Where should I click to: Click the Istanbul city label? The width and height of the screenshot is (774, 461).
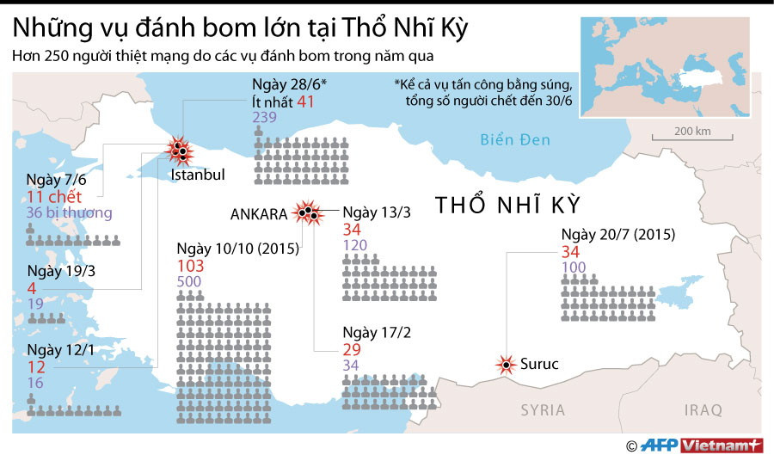click(198, 175)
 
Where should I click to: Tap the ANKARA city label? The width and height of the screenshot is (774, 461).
click(260, 213)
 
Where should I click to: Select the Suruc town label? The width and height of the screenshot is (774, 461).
click(539, 365)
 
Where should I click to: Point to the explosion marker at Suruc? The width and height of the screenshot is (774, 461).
click(505, 365)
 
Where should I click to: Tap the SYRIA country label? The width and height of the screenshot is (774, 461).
click(543, 410)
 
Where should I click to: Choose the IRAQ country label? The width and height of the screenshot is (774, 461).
click(703, 410)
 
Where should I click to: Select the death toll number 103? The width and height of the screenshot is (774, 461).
click(190, 267)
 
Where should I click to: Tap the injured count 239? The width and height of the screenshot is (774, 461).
click(265, 118)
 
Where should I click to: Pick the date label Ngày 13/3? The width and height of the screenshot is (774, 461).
click(371, 212)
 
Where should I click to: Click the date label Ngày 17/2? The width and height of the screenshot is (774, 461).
click(371, 333)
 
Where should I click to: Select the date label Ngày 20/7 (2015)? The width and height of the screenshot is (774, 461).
click(617, 235)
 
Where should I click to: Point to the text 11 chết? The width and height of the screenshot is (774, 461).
click(54, 197)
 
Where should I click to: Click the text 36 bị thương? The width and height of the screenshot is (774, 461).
click(69, 213)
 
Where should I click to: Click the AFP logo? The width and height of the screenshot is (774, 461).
click(659, 446)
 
